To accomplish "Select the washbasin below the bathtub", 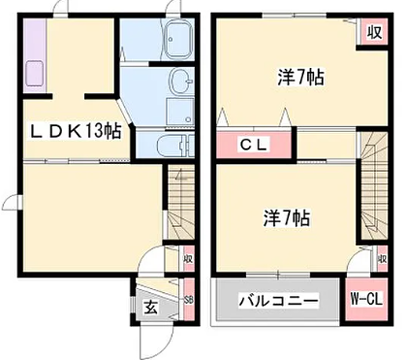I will coord(178,81).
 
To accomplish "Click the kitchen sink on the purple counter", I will coord(33,74).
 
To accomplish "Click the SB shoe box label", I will coord(188,301).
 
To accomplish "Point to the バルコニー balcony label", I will coord(278,301).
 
